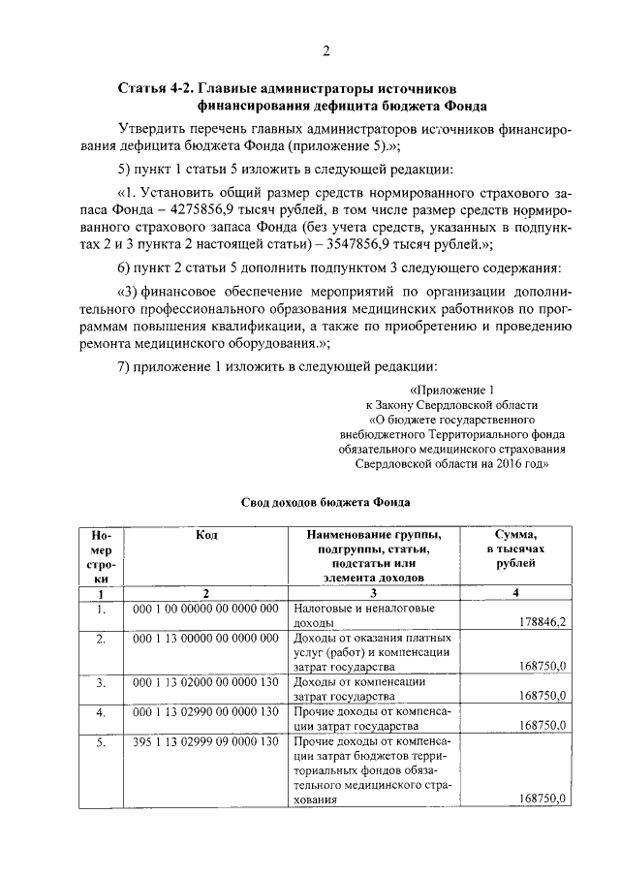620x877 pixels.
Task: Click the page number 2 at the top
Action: [x=326, y=50]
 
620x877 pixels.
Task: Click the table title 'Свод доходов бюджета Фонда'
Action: [x=325, y=502]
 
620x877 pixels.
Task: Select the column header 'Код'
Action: [x=205, y=535]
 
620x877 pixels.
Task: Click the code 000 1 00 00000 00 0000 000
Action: [x=204, y=608]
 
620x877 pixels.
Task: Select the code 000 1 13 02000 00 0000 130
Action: [x=204, y=682]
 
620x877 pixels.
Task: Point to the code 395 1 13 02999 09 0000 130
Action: [x=204, y=742]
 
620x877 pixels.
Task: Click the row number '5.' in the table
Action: [x=100, y=743]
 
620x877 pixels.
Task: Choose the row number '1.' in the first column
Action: [x=100, y=609]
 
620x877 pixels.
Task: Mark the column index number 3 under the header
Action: [x=372, y=592]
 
